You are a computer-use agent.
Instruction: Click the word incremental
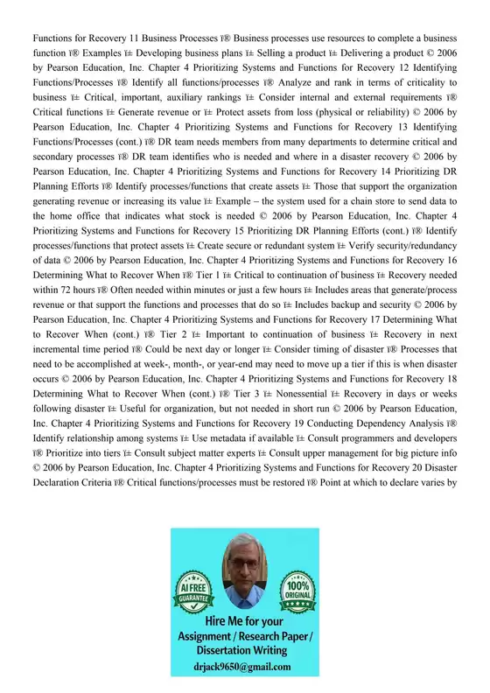67,371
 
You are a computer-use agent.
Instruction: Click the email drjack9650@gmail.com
244,667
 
